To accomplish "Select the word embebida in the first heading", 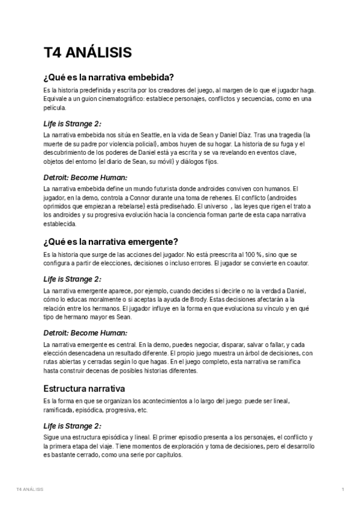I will [x=150, y=77].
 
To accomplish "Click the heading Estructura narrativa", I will [x=84, y=388].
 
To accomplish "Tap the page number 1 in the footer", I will [x=343, y=490].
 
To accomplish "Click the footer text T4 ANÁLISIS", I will [x=30, y=490].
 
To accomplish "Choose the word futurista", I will [x=143, y=188].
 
